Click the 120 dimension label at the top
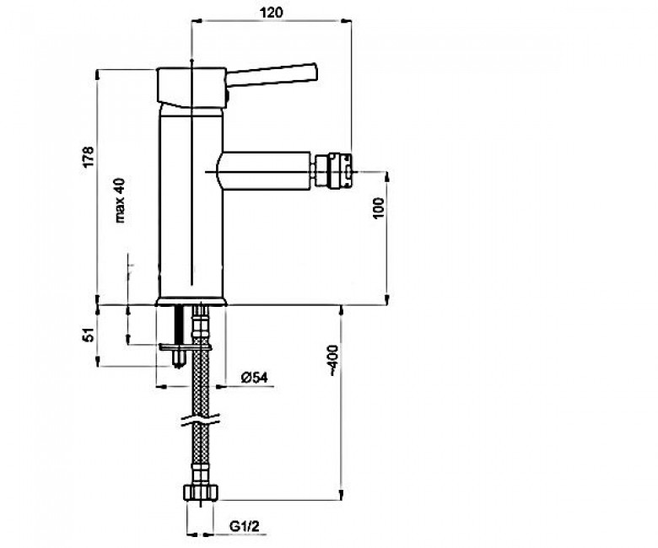pyautogui.click(x=272, y=12)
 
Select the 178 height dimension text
pyautogui.click(x=89, y=157)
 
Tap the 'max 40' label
pyautogui.click(x=120, y=200)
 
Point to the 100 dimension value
pyautogui.click(x=378, y=207)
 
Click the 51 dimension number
pyautogui.click(x=89, y=335)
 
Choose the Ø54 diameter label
pyautogui.click(x=255, y=378)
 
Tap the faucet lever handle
pyautogui.click(x=272, y=76)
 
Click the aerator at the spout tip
pyautogui.click(x=332, y=171)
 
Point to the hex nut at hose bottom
pyautogui.click(x=201, y=492)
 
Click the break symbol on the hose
pyautogui.click(x=201, y=421)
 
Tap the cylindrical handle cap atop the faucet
pyautogui.click(x=191, y=87)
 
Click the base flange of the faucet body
pyautogui.click(x=191, y=302)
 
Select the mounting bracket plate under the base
pyautogui.click(x=186, y=347)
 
